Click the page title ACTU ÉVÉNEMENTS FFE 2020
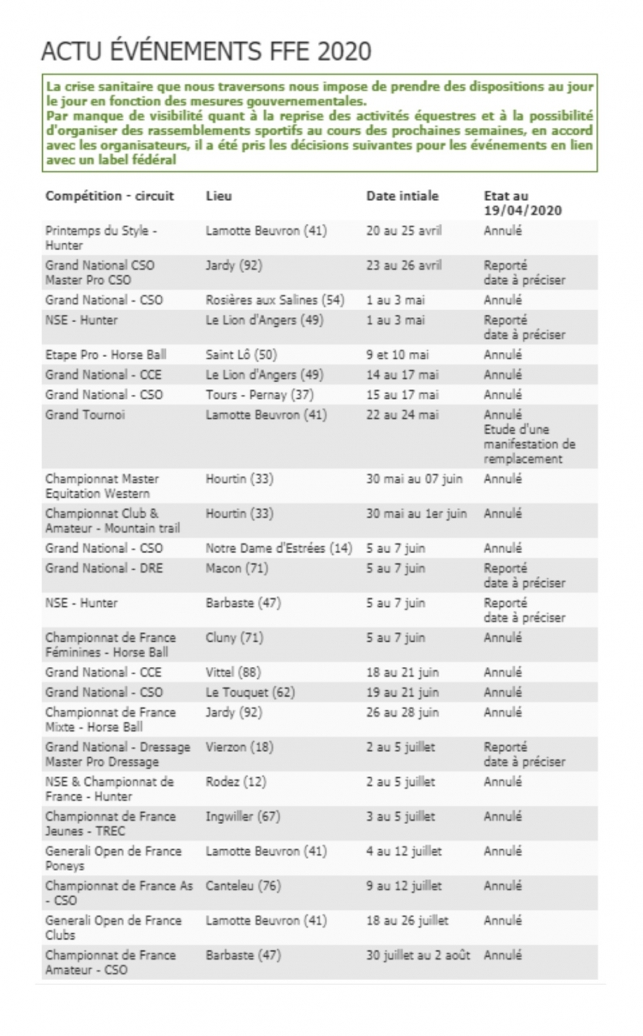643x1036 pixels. (207, 51)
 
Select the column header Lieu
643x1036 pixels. (219, 196)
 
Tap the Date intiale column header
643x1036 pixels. (402, 196)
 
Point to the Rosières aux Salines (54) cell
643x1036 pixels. (275, 300)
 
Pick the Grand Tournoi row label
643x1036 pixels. (85, 415)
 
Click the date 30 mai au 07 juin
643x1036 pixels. (415, 478)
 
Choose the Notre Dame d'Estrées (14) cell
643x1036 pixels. (279, 548)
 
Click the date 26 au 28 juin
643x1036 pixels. (402, 712)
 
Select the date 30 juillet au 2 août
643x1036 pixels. (418, 955)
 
